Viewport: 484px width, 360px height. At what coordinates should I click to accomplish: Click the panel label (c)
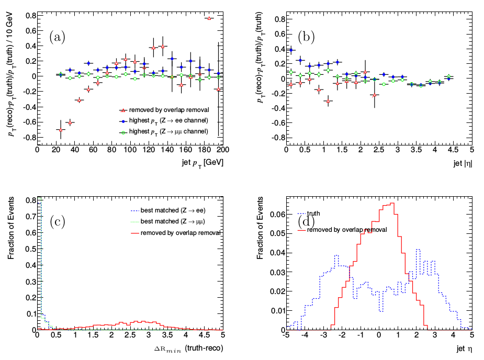click(57, 222)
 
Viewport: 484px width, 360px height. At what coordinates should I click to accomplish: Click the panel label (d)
click(305, 222)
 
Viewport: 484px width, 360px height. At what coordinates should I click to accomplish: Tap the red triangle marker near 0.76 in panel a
click(209, 18)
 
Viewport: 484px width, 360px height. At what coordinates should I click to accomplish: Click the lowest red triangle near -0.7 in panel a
click(61, 130)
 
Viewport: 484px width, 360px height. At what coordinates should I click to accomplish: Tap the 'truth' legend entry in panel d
click(313, 213)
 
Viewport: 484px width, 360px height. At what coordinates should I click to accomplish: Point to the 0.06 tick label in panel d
click(276, 215)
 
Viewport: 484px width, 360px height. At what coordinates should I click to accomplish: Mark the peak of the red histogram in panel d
click(392, 204)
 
